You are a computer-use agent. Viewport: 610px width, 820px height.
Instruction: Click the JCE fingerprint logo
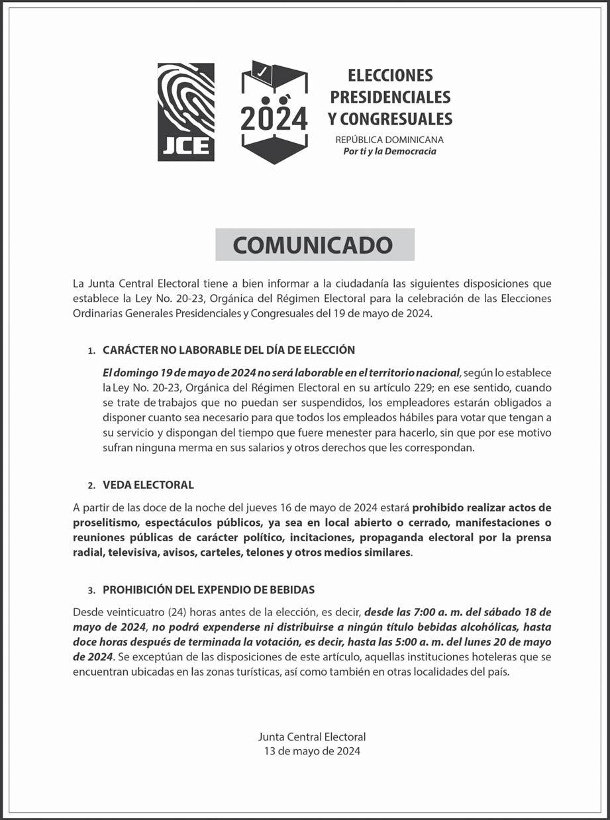pos(186,111)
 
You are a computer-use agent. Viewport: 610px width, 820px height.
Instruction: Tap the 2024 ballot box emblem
pos(274,111)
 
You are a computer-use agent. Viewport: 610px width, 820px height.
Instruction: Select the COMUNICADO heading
pos(315,244)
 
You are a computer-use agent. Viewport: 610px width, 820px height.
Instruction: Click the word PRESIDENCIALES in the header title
pos(390,97)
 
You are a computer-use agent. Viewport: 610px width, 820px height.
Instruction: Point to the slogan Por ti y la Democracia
pos(389,152)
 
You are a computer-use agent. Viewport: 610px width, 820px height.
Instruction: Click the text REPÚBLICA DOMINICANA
pos(389,140)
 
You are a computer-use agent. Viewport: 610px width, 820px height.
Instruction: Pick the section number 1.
pos(91,350)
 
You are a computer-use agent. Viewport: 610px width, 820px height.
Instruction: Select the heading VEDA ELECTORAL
pos(148,485)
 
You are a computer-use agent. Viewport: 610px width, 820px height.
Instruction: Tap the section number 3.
pos(91,589)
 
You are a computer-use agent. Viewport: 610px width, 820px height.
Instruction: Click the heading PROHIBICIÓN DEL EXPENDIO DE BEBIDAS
pos(209,589)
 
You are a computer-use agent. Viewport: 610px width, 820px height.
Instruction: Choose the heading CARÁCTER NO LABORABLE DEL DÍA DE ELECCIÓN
pos(229,350)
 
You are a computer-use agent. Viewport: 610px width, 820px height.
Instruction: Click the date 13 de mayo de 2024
pos(312,750)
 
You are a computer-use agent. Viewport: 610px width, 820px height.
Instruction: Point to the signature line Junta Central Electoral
pos(312,737)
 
